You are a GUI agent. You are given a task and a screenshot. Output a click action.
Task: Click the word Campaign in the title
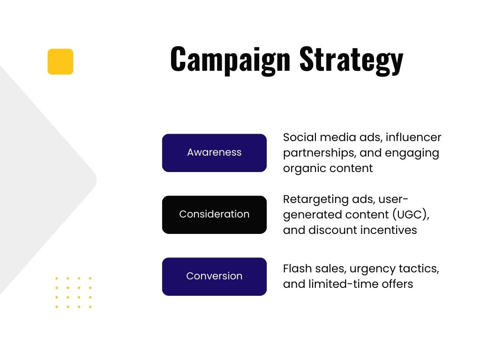(230, 60)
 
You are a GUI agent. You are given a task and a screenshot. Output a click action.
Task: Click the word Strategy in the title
(352, 60)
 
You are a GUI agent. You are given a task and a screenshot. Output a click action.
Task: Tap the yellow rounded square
(60, 61)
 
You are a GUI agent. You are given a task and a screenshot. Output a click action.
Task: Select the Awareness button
(214, 153)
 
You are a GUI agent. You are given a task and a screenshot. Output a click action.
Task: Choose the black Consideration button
(214, 215)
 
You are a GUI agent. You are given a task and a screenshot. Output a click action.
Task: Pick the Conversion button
(214, 277)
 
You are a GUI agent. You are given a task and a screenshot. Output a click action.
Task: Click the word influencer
(413, 137)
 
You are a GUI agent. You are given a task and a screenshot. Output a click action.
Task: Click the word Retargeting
(315, 200)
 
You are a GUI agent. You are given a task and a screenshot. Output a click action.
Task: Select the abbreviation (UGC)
(411, 215)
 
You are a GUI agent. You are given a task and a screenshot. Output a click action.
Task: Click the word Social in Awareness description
(300, 137)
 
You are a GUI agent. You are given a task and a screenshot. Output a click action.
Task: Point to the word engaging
(412, 153)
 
